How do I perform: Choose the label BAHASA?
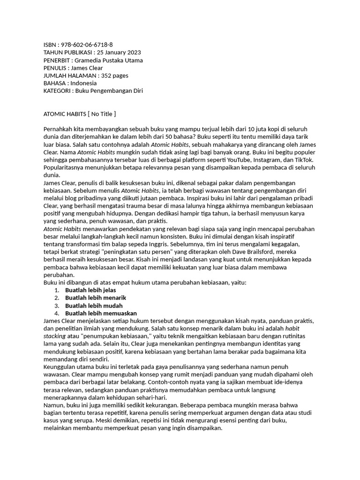pos(55,83)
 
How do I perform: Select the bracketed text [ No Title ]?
pos(102,114)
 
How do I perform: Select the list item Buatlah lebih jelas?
pos(90,290)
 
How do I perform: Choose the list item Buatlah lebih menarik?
pos(96,298)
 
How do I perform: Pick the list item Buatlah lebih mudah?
pos(94,306)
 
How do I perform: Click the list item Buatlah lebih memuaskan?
pos(101,313)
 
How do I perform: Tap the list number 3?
pos(56,306)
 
